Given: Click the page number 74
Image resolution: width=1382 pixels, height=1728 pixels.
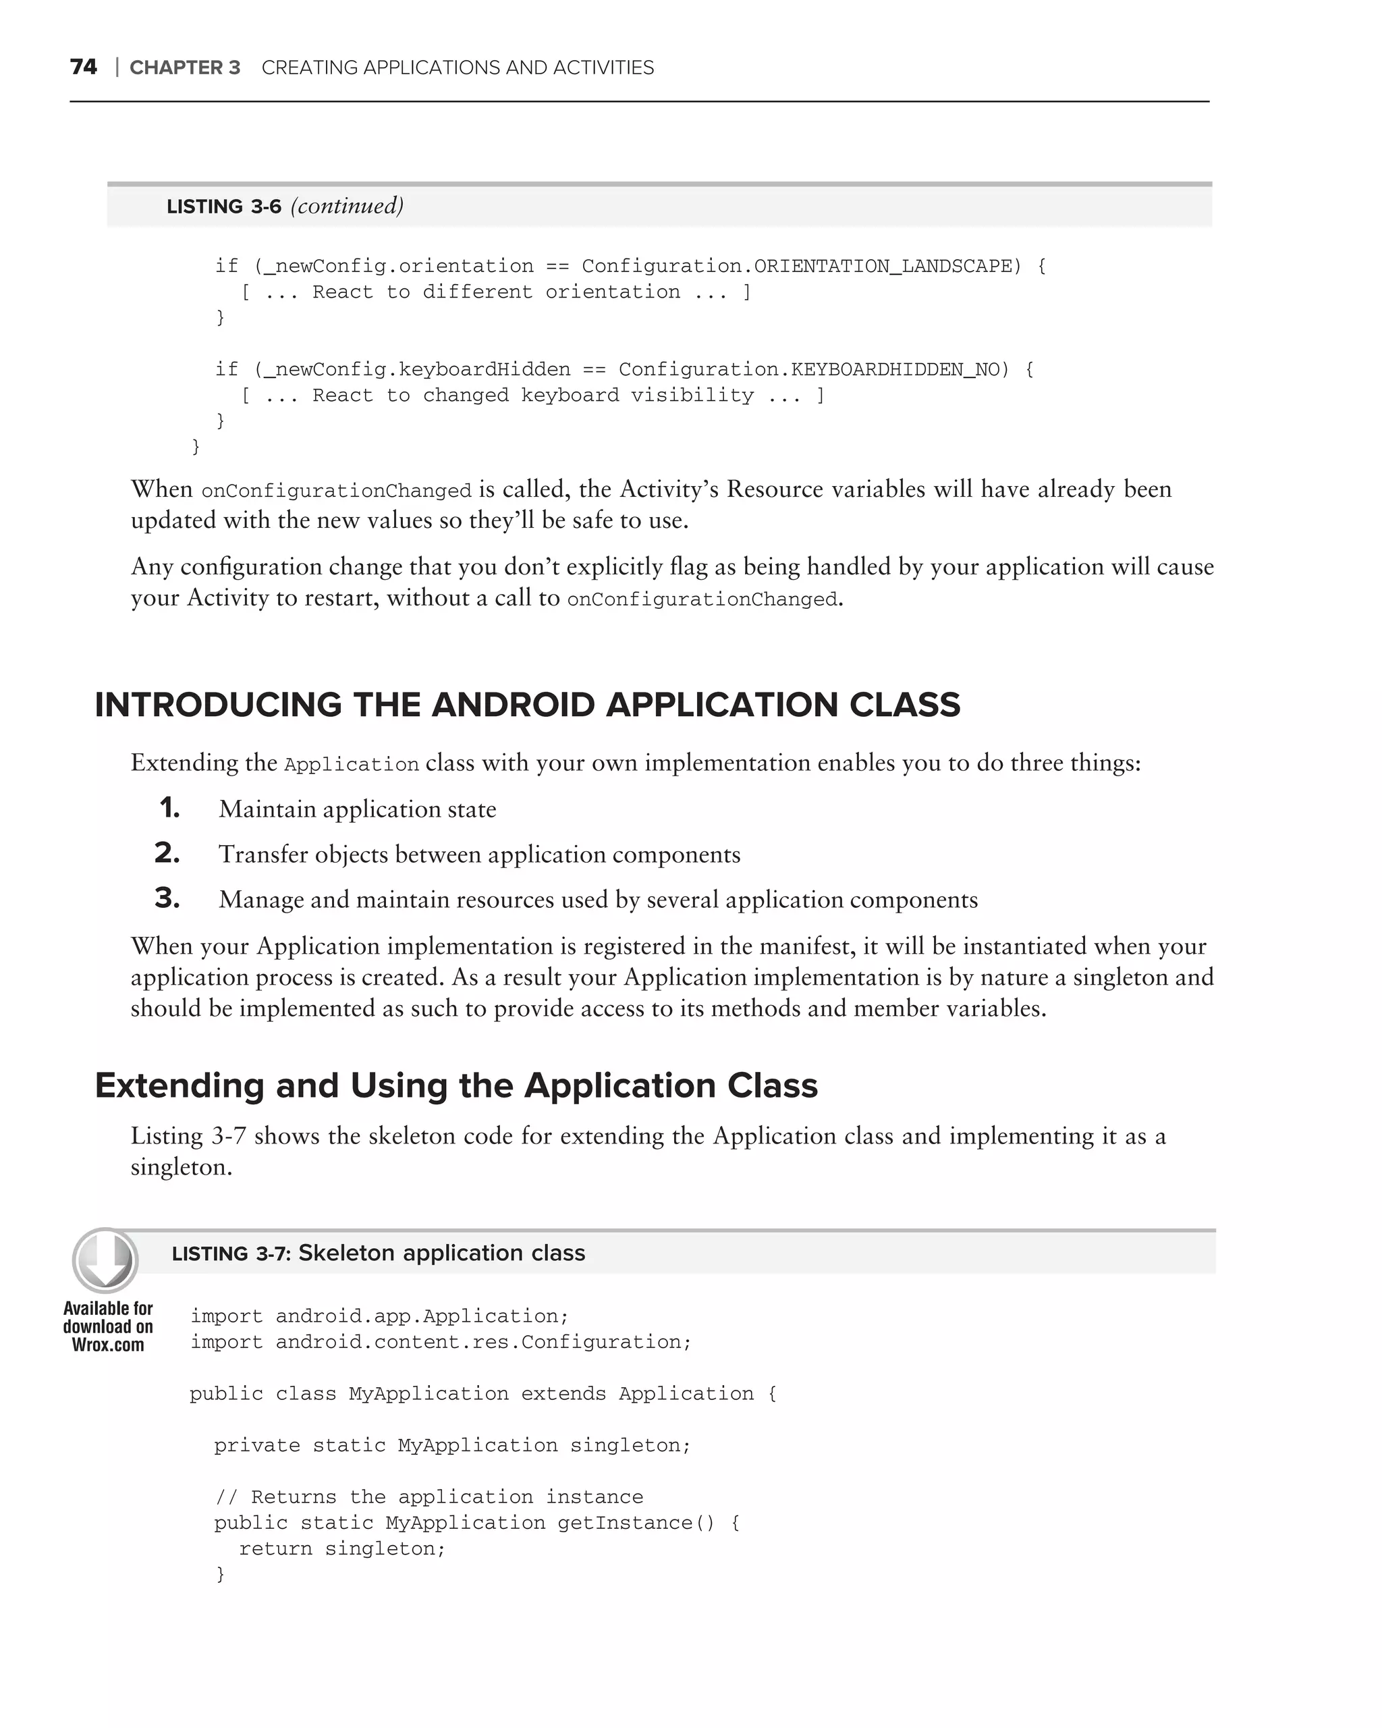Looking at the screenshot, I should point(83,67).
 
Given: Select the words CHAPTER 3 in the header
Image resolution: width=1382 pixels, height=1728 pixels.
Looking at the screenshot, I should point(184,68).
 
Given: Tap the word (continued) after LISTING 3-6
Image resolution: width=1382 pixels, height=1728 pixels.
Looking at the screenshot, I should point(347,206).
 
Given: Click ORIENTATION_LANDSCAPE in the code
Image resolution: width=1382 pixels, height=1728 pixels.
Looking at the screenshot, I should point(883,266).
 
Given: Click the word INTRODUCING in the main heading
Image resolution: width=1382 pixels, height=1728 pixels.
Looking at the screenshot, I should point(218,705).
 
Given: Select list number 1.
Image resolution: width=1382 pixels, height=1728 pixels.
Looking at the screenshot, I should point(169,808).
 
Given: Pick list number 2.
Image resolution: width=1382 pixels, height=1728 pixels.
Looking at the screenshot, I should point(167,853).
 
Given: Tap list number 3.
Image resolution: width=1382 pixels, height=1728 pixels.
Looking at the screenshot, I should point(167,898).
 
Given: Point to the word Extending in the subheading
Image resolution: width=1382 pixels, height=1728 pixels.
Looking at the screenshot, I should point(179,1086).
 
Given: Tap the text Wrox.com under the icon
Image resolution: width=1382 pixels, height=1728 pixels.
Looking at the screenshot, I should point(107,1345).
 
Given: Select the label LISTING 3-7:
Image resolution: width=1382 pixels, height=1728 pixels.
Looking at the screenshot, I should point(231,1253).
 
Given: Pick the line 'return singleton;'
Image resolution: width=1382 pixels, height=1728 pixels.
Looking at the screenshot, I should point(341,1548).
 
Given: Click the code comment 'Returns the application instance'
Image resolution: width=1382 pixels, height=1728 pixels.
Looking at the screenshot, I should point(446,1497).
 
